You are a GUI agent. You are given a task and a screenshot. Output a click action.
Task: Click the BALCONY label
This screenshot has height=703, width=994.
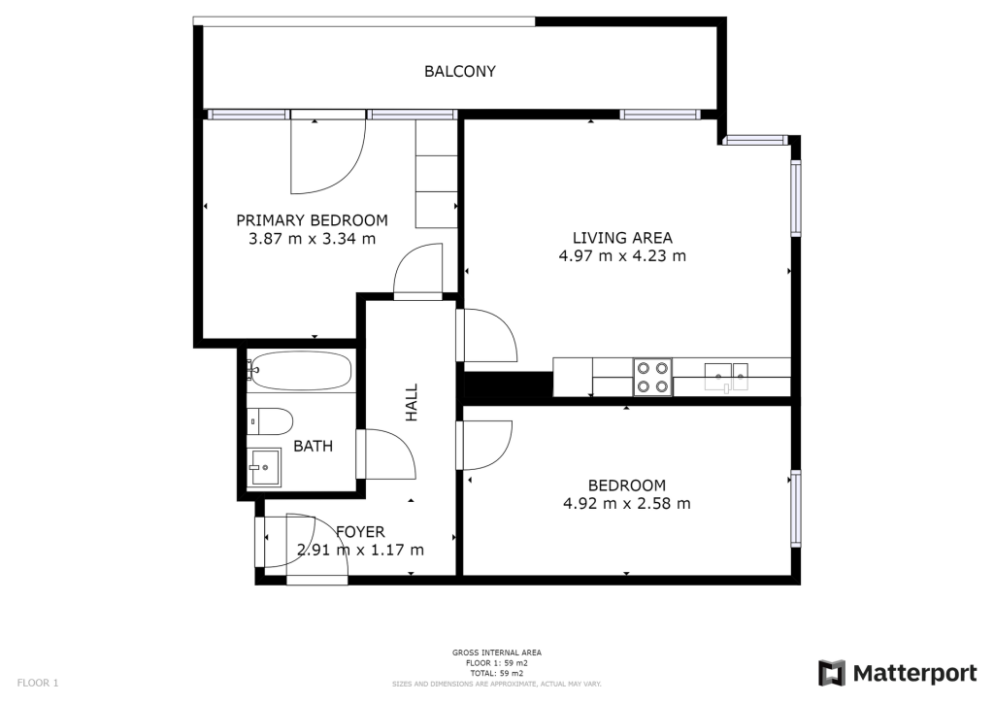coord(459,71)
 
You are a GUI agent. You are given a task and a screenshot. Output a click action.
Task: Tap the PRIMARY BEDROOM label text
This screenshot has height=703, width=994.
coord(312,220)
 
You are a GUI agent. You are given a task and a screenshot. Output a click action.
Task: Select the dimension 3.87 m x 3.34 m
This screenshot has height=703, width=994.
coord(312,238)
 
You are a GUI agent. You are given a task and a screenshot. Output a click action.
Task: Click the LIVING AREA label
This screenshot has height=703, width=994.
coord(622,238)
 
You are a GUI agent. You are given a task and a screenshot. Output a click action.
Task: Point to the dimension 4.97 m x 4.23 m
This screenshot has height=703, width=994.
coord(622,255)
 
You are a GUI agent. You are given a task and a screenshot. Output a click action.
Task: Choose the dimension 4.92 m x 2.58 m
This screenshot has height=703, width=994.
coord(627,503)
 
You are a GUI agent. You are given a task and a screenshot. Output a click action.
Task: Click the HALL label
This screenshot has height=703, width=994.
coord(412,403)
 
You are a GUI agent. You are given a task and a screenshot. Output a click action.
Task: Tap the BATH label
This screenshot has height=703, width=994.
coord(314,447)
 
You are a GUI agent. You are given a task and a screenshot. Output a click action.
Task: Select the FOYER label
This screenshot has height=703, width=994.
coord(360,531)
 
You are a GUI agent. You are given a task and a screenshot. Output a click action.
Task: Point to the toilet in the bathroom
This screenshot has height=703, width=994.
coord(271,420)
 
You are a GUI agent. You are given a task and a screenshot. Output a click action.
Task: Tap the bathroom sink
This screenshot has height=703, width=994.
coord(264,468)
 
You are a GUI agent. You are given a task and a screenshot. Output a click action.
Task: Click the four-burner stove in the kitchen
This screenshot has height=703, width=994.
coord(653,377)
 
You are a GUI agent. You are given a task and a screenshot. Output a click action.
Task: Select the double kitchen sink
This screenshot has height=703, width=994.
coord(726,377)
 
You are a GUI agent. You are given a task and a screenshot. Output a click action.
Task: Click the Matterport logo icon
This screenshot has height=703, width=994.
coord(832,673)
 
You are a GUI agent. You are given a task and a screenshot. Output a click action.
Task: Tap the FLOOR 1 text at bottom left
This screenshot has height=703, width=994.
coord(38,683)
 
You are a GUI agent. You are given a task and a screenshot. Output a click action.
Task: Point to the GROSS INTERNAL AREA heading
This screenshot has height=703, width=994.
coord(497,653)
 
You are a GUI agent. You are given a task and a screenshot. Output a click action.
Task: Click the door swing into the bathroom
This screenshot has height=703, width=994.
coord(386,453)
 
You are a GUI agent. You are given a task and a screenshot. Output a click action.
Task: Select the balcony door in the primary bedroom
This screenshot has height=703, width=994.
coord(328,152)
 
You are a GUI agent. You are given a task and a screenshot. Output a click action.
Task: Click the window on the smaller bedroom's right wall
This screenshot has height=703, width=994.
coord(796,508)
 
